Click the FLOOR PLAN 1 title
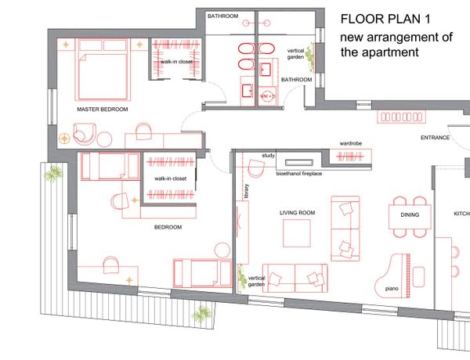click(385, 19)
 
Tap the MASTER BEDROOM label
click(103, 110)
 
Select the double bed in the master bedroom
click(103, 69)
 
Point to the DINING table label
click(410, 214)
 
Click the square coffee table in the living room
click(297, 233)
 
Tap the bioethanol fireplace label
click(299, 174)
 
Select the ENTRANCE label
click(435, 138)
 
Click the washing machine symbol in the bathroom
click(267, 96)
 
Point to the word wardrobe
click(351, 143)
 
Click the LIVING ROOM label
click(298, 213)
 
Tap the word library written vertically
click(247, 191)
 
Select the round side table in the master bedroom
click(104, 139)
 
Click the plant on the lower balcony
click(201, 315)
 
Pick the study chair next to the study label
click(256, 168)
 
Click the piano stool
click(419, 277)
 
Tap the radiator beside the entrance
click(401, 117)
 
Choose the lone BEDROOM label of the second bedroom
click(168, 227)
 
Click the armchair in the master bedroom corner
click(85, 135)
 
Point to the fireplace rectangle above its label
click(299, 163)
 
